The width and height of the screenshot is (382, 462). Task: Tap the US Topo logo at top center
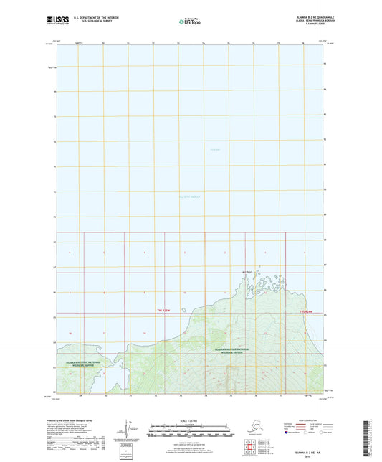190,22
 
